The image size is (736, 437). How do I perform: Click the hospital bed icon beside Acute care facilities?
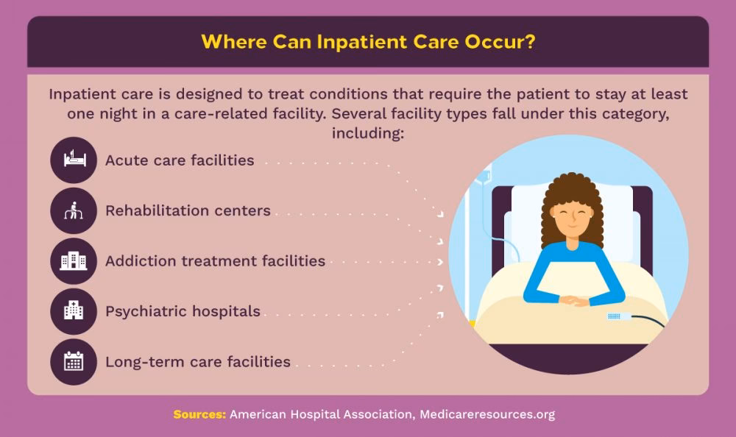(74, 160)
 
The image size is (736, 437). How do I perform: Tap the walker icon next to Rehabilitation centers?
(74, 210)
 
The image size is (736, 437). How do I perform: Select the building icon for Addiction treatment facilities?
(74, 261)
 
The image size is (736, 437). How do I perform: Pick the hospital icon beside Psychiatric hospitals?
(74, 311)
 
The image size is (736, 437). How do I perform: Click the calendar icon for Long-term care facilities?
(74, 362)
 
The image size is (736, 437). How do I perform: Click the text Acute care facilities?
(180, 160)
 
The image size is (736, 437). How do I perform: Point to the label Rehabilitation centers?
(188, 210)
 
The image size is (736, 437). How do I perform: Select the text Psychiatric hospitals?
(183, 311)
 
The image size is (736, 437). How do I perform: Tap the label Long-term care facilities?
(197, 362)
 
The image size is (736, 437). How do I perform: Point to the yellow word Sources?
(199, 414)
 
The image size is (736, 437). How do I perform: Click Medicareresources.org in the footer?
(486, 414)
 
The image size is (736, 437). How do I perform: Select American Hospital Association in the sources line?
(322, 414)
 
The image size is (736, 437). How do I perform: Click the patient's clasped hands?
(574, 300)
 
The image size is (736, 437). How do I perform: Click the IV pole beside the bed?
(486, 221)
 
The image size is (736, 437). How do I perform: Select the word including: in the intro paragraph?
(367, 134)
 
